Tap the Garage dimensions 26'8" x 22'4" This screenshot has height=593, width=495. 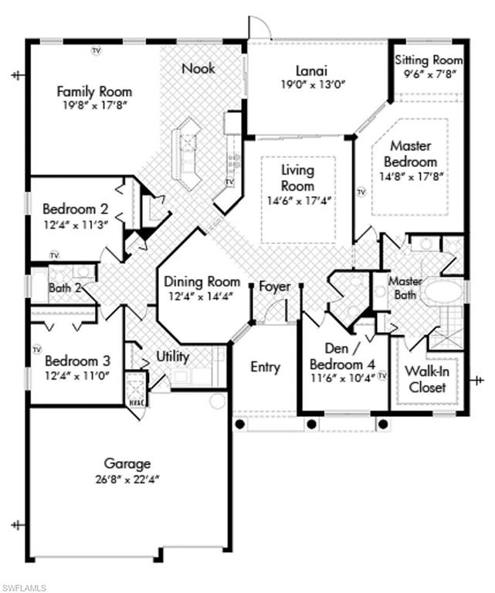tap(127, 479)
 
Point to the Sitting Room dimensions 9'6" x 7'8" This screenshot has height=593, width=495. tap(429, 74)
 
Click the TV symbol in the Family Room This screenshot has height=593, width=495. tap(97, 50)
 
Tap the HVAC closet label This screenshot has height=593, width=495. tap(136, 402)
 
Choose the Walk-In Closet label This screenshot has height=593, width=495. tap(427, 379)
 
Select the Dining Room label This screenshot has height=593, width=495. tap(202, 282)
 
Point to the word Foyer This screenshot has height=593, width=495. tap(274, 286)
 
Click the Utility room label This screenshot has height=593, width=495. tap(172, 357)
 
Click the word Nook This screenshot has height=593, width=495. tap(198, 68)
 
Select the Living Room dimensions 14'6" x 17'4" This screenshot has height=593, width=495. tap(298, 201)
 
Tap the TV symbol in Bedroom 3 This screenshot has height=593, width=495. tap(37, 350)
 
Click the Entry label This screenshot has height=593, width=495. tap(265, 368)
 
